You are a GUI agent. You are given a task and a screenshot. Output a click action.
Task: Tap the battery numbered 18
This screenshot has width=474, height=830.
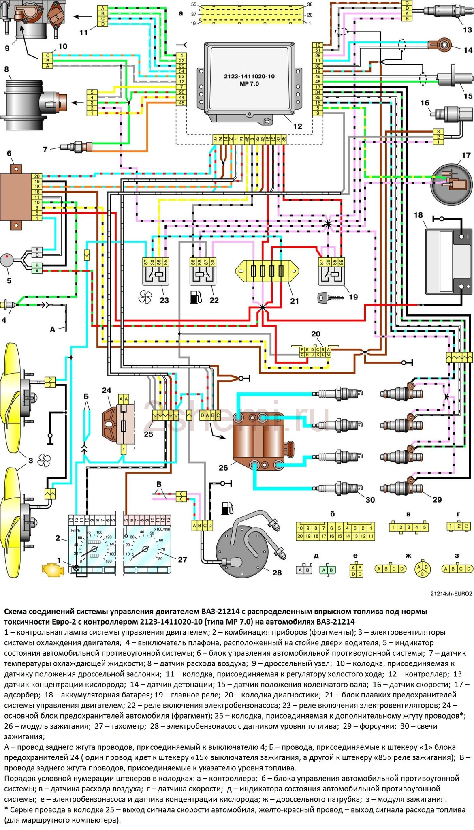(x=448, y=261)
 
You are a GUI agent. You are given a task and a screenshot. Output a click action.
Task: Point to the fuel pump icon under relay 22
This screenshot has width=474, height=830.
(x=194, y=297)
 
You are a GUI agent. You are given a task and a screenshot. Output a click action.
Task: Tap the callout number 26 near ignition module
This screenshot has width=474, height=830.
(x=224, y=467)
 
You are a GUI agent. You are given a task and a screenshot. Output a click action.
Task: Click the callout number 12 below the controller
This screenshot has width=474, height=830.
(x=297, y=126)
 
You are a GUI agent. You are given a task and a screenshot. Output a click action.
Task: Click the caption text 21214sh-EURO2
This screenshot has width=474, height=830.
(x=451, y=594)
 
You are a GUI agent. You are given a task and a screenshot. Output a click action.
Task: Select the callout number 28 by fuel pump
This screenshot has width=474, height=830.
(x=277, y=572)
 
